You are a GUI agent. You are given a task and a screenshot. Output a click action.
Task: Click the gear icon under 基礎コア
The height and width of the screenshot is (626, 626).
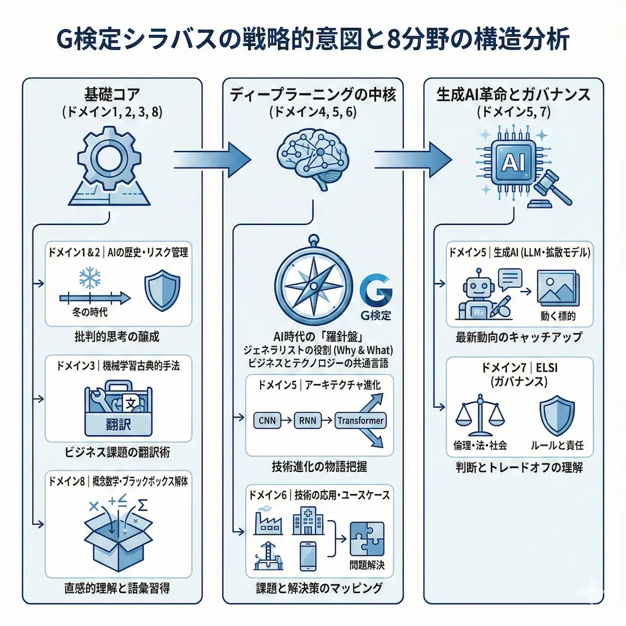[109, 160]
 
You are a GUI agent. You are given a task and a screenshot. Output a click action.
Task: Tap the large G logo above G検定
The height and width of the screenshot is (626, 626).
[374, 292]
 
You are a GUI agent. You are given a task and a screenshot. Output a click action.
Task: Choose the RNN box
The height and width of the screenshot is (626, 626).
[310, 421]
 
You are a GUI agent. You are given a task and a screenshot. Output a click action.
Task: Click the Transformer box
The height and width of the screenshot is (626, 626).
[361, 421]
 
